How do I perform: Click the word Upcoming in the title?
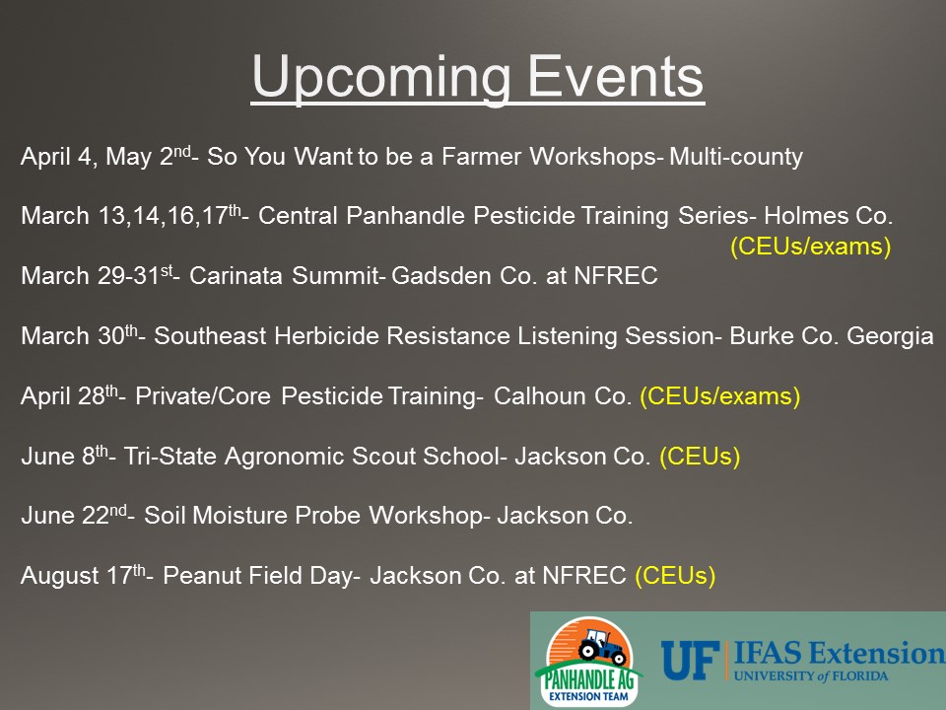click(x=381, y=78)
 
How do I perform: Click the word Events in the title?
click(x=616, y=77)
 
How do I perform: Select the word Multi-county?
click(x=736, y=157)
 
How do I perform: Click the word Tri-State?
click(x=170, y=456)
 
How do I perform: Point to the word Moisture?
click(x=240, y=516)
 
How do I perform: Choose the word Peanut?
click(x=202, y=575)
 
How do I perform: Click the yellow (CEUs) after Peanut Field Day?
click(x=675, y=576)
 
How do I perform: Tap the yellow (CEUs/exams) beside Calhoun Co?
click(x=719, y=396)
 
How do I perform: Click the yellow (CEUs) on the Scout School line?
click(x=700, y=457)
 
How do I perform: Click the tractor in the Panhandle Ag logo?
click(x=600, y=647)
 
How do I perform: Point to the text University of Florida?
click(x=811, y=675)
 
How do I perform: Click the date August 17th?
click(x=83, y=575)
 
